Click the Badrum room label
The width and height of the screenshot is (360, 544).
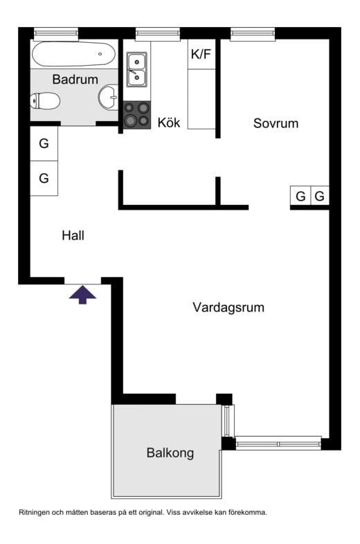point(75,79)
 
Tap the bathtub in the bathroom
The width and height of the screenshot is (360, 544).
point(75,53)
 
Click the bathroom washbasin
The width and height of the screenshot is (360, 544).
point(109,98)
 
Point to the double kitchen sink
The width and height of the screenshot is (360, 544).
point(136,69)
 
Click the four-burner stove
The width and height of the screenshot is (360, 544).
point(136,115)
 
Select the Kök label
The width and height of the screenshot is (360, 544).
point(169,123)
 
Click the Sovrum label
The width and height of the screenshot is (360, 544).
point(276,123)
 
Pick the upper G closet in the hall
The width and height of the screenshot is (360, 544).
point(44,144)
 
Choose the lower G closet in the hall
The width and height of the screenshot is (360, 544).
point(44,179)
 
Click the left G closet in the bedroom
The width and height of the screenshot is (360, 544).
point(300,197)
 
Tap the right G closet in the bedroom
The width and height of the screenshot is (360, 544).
point(319,197)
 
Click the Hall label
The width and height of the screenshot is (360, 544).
point(73,235)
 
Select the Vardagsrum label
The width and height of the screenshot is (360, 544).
point(228,307)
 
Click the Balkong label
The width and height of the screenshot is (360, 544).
point(170,453)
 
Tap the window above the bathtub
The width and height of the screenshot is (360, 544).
point(55,33)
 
